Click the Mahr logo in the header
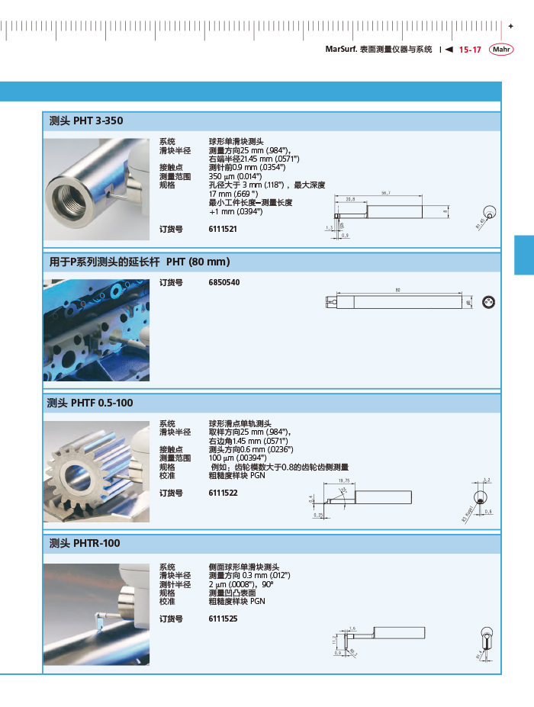point(501,50)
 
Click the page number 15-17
point(470,50)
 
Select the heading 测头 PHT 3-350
point(85,121)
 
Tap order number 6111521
point(223,229)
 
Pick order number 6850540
point(224,282)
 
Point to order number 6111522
point(223,493)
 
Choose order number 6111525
point(223,619)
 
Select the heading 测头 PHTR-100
point(85,544)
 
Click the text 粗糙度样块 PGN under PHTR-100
point(236,601)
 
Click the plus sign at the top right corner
point(510,27)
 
